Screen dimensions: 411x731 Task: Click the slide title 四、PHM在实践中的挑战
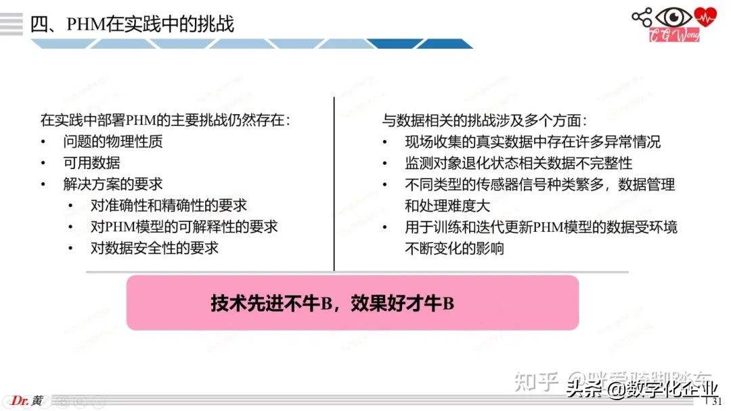coord(133,24)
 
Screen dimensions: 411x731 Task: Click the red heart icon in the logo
coord(707,16)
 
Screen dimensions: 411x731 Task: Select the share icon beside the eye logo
coord(642,17)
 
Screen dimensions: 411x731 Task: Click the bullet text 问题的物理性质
coord(113,142)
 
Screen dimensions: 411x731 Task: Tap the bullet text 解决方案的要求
coord(113,184)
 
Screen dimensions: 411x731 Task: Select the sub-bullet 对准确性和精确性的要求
coord(169,205)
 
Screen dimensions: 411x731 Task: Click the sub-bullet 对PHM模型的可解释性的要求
coord(184,226)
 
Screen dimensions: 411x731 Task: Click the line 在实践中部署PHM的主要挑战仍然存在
coord(165,121)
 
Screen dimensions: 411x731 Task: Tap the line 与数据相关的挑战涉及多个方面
coord(485,121)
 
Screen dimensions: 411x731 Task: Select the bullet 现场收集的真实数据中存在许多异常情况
coord(533,142)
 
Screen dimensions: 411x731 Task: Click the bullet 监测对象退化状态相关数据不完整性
coord(518,163)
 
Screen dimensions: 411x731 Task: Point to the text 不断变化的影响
coord(454,248)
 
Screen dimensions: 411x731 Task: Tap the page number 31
coord(717,403)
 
